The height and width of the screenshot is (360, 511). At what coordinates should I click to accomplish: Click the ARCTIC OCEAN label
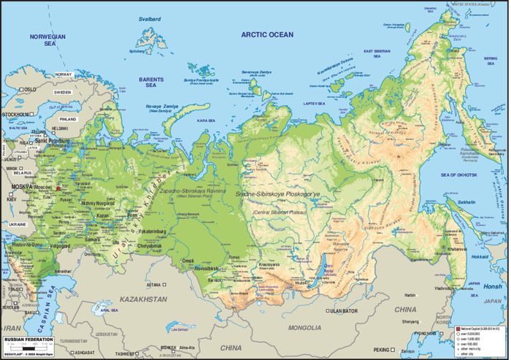coord(267,34)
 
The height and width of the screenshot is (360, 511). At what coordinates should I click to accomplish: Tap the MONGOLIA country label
coord(305,328)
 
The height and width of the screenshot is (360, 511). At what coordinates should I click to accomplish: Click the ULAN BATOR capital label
coord(342,311)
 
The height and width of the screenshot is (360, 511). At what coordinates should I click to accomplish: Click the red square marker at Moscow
coord(58,188)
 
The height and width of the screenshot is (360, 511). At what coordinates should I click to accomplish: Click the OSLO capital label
coord(28,89)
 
